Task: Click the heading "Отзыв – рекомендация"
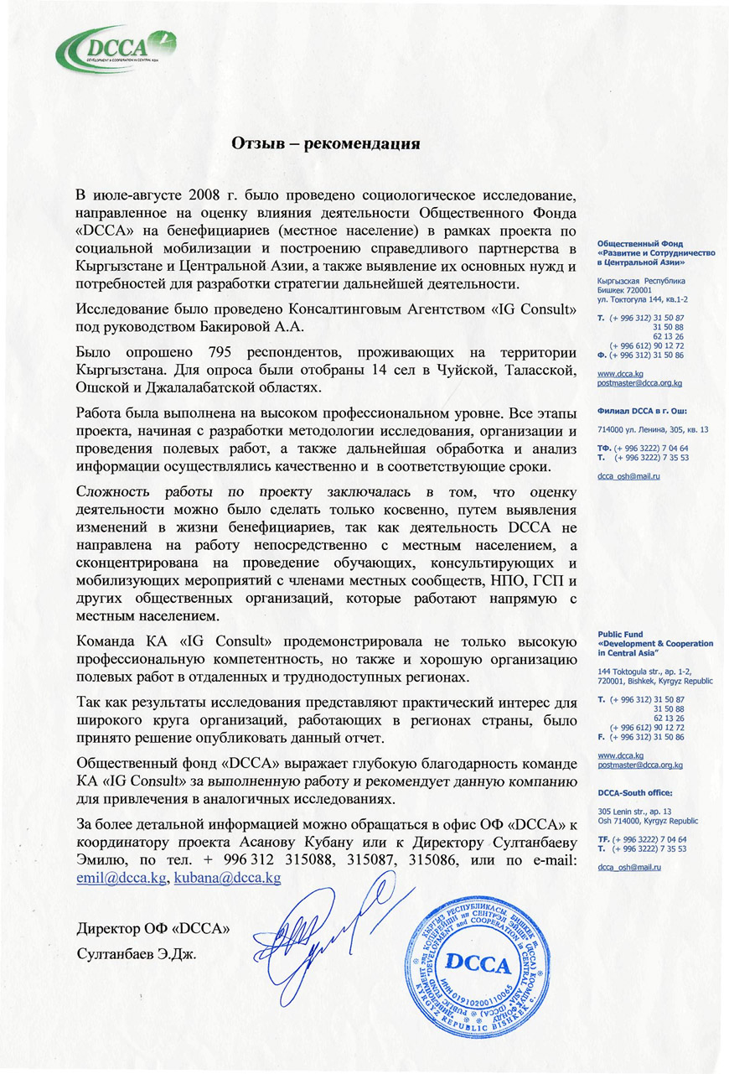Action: [325, 143]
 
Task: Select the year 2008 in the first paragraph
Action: [207, 185]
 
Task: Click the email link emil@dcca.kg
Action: [121, 877]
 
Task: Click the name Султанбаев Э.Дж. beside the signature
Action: [134, 955]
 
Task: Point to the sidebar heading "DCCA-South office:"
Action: [635, 791]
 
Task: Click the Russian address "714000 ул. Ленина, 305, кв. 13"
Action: [653, 430]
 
